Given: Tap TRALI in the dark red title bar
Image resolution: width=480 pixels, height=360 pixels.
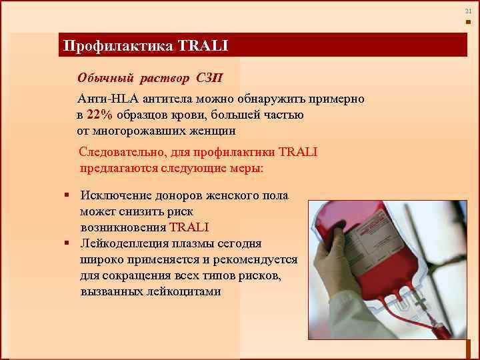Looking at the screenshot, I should tap(203, 46).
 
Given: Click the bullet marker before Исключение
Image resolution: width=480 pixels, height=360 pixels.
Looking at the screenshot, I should tap(67, 195).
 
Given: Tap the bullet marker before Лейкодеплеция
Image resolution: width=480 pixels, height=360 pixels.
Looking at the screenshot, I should tap(67, 243).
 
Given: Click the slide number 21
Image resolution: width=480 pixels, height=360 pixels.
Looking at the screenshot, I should tap(468, 11).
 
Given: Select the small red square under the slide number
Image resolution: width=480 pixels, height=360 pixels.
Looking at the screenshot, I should tap(468, 22).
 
